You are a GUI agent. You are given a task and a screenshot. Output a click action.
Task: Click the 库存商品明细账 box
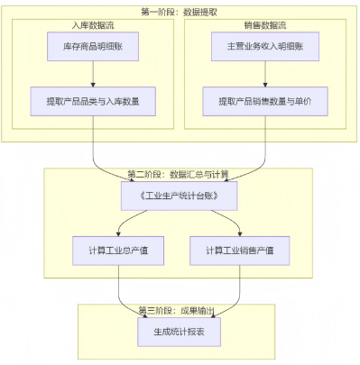[x=93, y=47]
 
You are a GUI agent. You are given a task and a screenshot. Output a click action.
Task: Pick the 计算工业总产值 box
[x=118, y=250]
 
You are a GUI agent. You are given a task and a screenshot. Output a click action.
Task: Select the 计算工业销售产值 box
[x=239, y=250]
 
